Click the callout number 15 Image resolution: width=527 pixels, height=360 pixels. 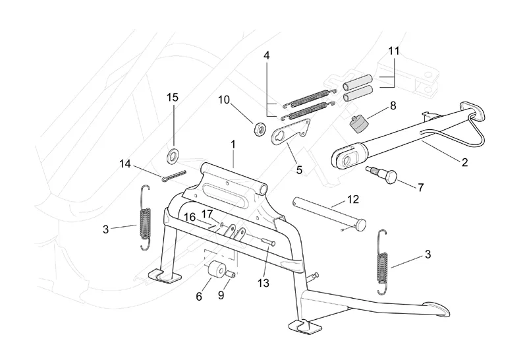point(172,98)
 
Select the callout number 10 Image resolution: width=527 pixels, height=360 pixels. point(224,100)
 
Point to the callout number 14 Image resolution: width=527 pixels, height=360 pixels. point(126,164)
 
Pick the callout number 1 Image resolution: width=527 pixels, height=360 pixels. point(233,144)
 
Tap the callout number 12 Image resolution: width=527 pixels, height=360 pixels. point(353,198)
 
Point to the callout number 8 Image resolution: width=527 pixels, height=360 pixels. point(393,105)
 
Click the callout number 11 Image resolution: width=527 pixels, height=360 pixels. point(394,50)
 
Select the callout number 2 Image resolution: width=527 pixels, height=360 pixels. point(465,162)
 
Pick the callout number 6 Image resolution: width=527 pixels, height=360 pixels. point(198,297)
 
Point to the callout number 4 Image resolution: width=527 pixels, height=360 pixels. point(266,56)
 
